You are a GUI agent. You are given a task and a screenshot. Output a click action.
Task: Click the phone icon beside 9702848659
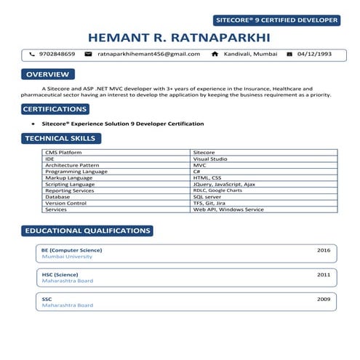click(32, 54)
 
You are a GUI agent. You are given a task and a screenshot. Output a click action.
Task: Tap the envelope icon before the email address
click(88, 54)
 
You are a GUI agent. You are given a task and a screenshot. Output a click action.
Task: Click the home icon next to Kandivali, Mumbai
click(215, 54)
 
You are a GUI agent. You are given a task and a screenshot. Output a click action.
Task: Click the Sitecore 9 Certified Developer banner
click(277, 20)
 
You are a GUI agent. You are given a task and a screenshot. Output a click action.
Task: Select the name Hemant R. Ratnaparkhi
click(180, 37)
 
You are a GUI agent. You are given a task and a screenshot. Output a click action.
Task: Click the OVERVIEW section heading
click(47, 74)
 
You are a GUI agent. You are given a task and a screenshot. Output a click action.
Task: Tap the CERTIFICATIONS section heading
click(55, 109)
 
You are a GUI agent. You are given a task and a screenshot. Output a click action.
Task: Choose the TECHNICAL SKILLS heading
click(59, 138)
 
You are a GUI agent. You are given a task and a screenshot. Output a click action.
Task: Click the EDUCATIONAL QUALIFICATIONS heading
click(87, 231)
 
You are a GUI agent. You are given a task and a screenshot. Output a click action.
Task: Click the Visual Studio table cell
click(210, 159)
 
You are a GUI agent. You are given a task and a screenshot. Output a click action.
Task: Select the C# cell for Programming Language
click(196, 172)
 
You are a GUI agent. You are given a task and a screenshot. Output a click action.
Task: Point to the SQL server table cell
click(207, 197)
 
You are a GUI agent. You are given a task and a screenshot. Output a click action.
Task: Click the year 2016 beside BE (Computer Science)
click(324, 249)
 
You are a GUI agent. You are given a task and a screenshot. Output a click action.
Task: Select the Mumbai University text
click(67, 257)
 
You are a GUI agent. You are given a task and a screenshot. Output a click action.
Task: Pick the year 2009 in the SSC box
click(324, 299)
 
